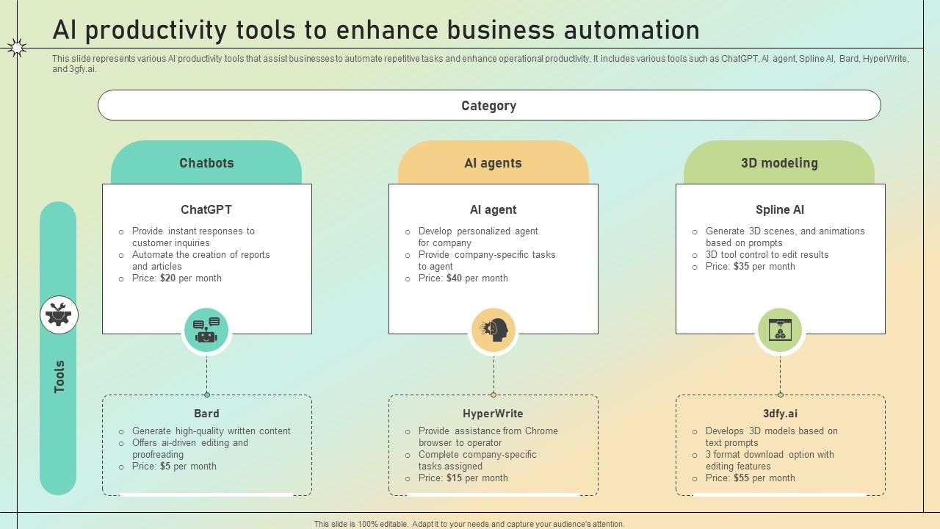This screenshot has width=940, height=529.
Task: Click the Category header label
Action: click(488, 106)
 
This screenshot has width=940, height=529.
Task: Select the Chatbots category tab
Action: click(206, 163)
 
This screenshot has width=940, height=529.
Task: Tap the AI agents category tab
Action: click(493, 163)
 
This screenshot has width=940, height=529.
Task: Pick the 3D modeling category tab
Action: click(779, 163)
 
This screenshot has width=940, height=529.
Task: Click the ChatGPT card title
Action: click(206, 210)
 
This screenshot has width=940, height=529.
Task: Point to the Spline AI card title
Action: click(779, 210)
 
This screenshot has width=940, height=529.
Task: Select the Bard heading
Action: click(206, 414)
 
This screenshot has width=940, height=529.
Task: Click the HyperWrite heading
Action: click(493, 414)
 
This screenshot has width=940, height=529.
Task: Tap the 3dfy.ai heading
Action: click(779, 414)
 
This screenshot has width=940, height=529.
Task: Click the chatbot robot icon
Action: click(206, 330)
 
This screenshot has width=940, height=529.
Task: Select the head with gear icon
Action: click(493, 330)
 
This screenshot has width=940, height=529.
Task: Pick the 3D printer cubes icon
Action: click(779, 330)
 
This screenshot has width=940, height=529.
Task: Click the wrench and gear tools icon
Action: click(59, 314)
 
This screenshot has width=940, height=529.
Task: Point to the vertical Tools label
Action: click(59, 376)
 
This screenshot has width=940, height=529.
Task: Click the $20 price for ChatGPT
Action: click(167, 278)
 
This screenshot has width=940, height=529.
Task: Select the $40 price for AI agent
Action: click(454, 278)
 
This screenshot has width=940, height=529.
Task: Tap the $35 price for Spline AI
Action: click(741, 267)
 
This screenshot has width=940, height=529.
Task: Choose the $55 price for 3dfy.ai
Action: click(741, 478)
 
